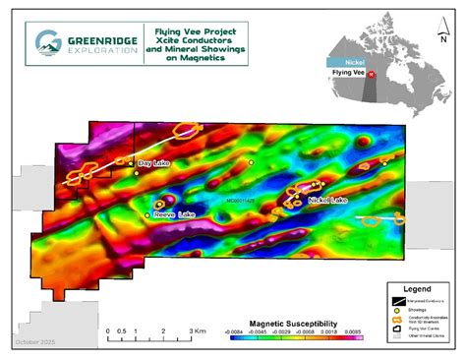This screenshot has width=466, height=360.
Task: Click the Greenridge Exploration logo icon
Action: click(46, 40)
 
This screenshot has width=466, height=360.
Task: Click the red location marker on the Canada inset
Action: click(371, 73)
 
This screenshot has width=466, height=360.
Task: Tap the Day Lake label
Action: click(155, 163)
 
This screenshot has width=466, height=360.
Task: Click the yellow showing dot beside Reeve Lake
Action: click(147, 213)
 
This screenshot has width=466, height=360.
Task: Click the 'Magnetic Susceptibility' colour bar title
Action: click(292, 322)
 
